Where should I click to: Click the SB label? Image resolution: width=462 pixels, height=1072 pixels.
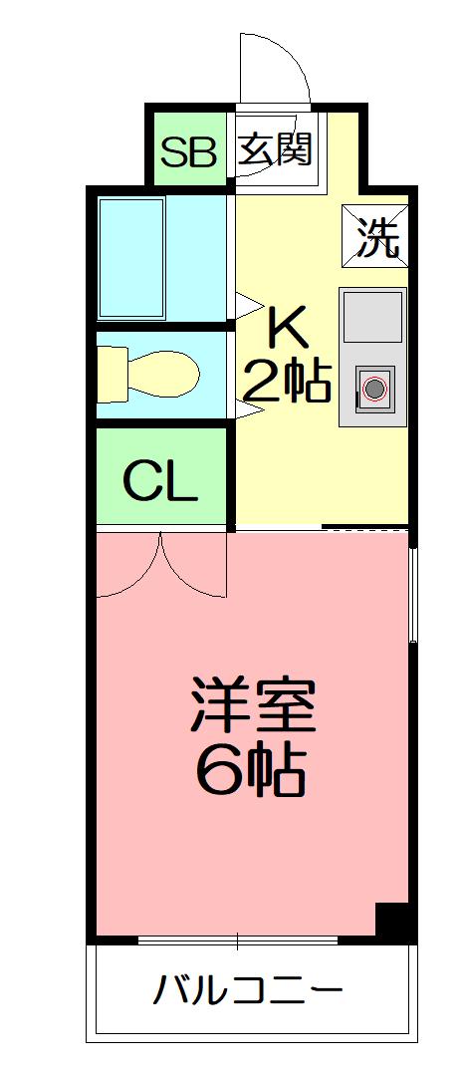(x=188, y=152)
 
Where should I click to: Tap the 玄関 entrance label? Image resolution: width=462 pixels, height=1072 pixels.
(x=275, y=150)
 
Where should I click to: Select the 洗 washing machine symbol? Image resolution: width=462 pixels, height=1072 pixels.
(x=376, y=235)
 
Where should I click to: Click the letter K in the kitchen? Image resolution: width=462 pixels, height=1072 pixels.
(x=287, y=325)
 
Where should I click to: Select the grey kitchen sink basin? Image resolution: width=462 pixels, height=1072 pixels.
(x=373, y=317)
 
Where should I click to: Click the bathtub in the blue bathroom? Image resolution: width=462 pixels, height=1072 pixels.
(x=131, y=256)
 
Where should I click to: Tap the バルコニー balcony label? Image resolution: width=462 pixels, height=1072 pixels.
(x=248, y=991)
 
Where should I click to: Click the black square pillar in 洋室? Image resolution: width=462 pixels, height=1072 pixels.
(x=392, y=921)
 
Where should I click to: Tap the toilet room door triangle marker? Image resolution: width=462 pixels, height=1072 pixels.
(x=243, y=408)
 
